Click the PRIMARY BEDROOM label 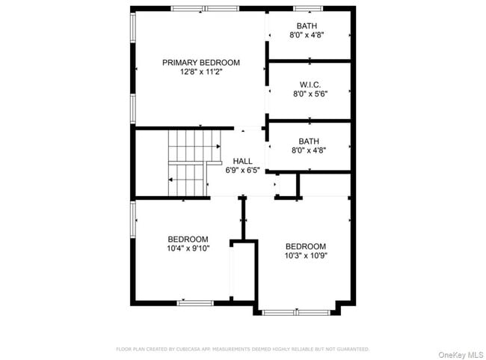point(200,62)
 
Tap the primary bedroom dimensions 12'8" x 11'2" point(200,72)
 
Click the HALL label point(242,161)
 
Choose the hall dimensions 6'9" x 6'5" point(242,171)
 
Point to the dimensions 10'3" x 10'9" point(306,256)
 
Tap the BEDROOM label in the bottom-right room point(306,246)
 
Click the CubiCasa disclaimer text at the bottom point(242,349)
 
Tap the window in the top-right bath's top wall point(307,8)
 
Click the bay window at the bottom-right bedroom point(297,311)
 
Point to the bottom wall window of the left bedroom point(195,302)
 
